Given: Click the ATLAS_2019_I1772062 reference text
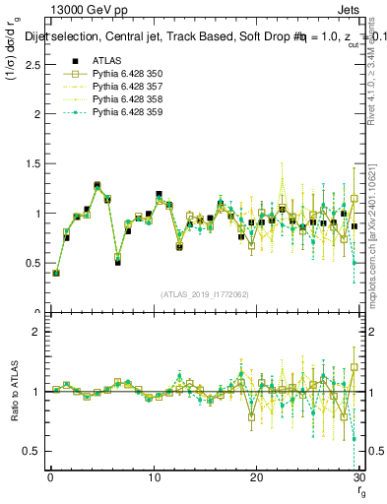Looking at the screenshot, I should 203,293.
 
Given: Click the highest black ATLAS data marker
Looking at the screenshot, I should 97,185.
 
